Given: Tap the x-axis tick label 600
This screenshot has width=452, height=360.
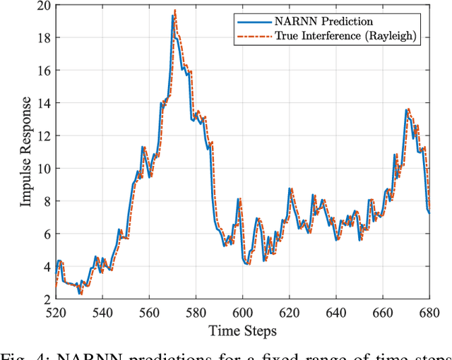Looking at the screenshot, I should (x=242, y=313).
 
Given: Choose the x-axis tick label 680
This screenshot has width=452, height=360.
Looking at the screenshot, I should (x=429, y=313).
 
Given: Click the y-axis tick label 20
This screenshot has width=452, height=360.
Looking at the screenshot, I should (x=43, y=6).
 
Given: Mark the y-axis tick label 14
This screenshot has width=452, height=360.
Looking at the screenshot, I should (x=43, y=103).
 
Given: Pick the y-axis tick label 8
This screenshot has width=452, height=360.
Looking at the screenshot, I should (x=46, y=201).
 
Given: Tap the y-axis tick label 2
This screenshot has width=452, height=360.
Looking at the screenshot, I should (x=46, y=299).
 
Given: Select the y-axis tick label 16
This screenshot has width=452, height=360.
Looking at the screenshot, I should (x=43, y=71).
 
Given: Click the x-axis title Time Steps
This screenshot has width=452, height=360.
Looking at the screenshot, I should (x=242, y=330).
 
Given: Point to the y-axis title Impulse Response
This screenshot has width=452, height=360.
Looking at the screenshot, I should (x=26, y=152).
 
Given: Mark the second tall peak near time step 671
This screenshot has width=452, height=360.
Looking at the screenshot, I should (x=408, y=109).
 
